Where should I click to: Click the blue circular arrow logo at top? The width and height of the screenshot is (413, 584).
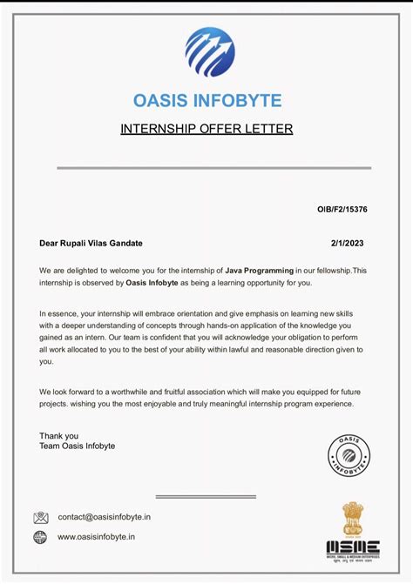coord(210,52)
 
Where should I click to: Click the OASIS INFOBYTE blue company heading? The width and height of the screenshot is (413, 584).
coord(206,100)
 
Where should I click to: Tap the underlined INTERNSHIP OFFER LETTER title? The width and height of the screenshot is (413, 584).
coord(206,130)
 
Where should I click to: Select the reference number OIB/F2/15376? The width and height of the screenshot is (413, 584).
coord(342,210)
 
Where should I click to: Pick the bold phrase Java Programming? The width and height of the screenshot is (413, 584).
coord(260,272)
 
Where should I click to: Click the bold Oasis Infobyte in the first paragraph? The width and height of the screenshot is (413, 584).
coord(153,283)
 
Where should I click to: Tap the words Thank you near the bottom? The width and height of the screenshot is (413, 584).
coord(58,435)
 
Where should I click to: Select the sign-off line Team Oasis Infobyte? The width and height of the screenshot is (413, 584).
coord(77,446)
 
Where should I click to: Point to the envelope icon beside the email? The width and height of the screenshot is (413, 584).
coord(41,517)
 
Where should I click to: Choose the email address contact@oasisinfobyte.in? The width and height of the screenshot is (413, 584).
coord(105,517)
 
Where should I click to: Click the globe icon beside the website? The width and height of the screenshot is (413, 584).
coord(40,538)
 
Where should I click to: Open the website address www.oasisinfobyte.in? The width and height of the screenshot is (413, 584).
coord(96,538)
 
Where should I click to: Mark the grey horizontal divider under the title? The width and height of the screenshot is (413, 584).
coord(213,167)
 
